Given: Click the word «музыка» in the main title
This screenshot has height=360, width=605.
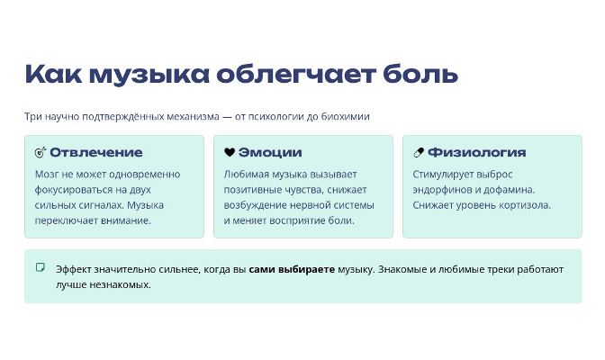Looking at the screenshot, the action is coord(149,75).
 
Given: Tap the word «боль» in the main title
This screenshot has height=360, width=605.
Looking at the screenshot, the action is coord(420,73).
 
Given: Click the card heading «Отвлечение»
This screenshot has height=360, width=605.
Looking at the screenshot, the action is coord(96,152).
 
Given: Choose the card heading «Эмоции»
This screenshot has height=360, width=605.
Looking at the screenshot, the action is coord(270,152).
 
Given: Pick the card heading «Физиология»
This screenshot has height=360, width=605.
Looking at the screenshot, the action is coord(477,152).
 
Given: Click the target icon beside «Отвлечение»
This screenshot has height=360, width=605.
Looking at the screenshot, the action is coord(41,152).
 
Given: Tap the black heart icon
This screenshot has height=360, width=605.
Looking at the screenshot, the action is coord(230,152).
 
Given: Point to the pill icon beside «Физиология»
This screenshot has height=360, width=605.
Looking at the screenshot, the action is coord(419,152).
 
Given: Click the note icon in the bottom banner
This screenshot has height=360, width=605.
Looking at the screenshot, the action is coord(41,267).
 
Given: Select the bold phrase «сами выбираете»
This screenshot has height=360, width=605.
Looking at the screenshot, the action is coord(292,269).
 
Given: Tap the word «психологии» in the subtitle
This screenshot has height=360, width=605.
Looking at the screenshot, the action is coord(275,116).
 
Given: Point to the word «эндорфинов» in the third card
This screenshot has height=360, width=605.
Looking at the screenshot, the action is coord(442,190).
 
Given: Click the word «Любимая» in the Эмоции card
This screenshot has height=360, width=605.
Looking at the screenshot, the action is coord(246,175).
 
